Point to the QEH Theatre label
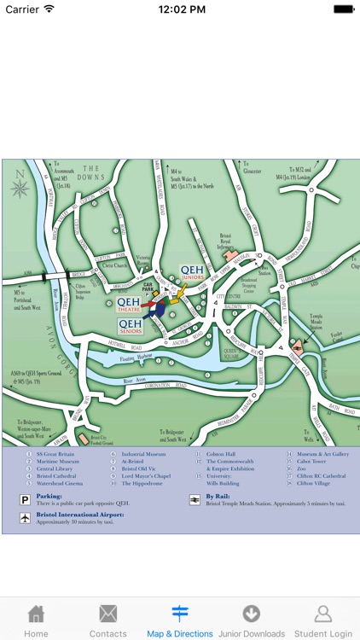point(130,305)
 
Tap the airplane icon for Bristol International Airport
point(26,517)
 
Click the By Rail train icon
point(195,497)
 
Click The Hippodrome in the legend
point(141,483)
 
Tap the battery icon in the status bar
point(344,9)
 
